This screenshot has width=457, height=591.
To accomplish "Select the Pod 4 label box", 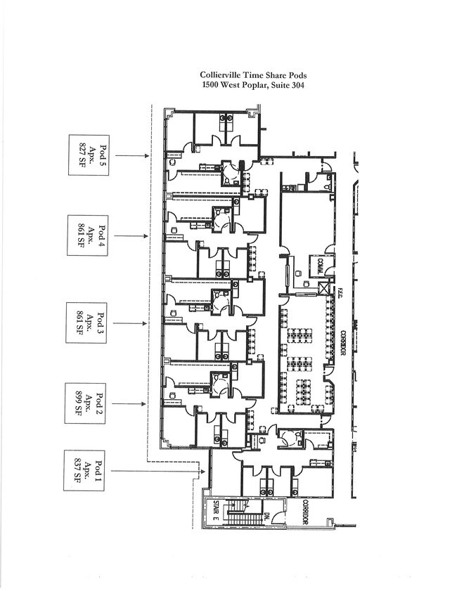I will [x=88, y=235].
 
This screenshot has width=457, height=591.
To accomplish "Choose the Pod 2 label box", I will [x=88, y=404].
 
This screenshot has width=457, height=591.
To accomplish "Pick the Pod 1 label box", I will [x=88, y=470].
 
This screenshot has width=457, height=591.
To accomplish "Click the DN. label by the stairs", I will [x=269, y=519].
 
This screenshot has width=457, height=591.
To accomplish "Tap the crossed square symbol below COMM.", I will [x=324, y=288].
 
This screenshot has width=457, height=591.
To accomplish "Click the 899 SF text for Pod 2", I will [x=79, y=404].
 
